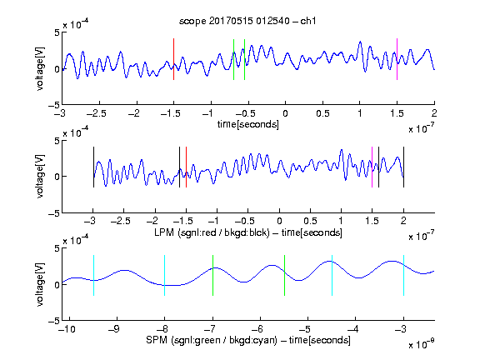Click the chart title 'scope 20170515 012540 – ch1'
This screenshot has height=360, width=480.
(247, 21)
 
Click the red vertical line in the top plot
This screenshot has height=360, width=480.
(173, 59)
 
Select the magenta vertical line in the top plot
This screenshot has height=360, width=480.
(397, 59)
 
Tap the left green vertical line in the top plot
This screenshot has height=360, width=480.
(233, 59)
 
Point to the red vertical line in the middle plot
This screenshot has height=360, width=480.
(186, 167)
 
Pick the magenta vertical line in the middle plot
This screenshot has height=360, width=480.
(372, 167)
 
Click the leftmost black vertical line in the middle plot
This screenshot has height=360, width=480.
(93, 167)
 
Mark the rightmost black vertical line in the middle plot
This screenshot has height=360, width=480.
(403, 167)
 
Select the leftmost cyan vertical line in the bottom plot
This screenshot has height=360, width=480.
(93, 276)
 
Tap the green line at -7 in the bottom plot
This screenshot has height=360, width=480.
(212, 276)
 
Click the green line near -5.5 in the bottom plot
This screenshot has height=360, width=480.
(284, 276)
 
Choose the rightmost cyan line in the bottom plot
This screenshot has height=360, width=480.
(403, 276)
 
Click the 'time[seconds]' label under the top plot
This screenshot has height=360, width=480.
(248, 124)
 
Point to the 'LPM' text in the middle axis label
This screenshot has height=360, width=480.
(164, 232)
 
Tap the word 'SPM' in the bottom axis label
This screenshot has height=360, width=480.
(157, 340)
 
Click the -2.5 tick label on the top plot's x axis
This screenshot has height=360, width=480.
(97, 113)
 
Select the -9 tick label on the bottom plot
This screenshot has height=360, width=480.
(114, 329)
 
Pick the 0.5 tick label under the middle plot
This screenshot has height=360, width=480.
(310, 221)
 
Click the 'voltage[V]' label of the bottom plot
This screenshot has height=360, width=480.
(40, 284)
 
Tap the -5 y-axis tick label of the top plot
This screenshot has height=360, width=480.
(54, 105)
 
